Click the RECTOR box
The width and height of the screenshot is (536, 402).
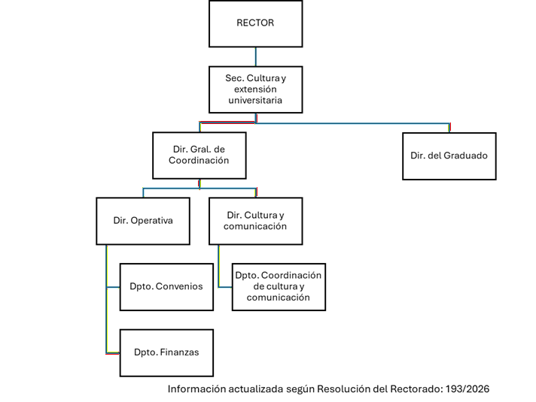255,23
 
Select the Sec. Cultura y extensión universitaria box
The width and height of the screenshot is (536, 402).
255,89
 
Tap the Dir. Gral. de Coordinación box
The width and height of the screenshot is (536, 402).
199,156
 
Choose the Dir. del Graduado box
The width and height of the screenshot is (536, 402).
449,156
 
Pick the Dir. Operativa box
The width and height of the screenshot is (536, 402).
143,221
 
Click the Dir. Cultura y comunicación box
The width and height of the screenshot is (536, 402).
256,221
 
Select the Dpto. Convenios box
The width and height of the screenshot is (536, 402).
166,286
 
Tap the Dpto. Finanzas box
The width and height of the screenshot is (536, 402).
166,352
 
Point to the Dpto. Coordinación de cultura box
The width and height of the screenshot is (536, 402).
279,286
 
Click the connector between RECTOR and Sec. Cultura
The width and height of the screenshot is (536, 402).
256,56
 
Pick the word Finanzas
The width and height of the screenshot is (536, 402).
178,352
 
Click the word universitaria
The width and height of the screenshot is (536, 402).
255,99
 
